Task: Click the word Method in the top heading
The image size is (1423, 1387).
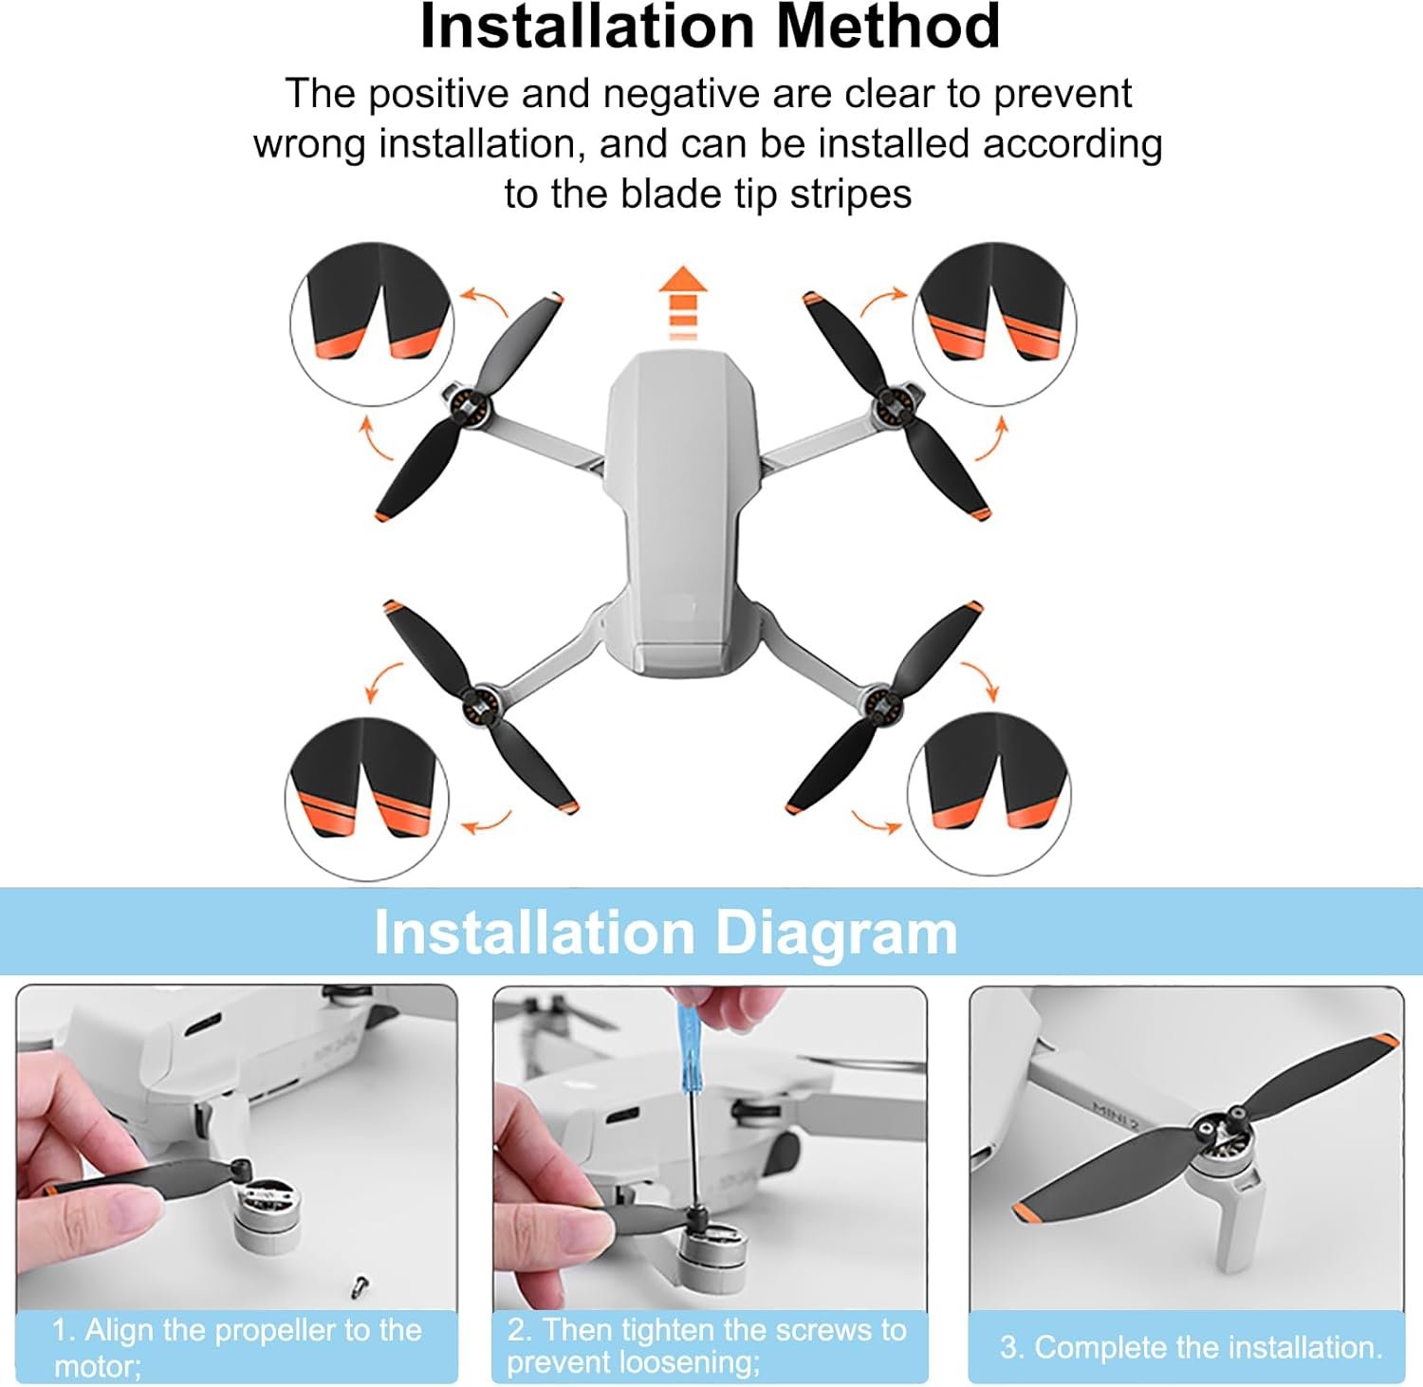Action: (888, 26)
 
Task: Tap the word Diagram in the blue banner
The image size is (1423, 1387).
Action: (836, 933)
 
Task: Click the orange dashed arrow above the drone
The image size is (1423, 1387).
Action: (683, 303)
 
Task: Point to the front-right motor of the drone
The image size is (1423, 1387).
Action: (893, 406)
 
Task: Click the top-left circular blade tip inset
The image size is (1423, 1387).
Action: (372, 324)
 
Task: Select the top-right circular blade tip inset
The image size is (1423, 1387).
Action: (994, 324)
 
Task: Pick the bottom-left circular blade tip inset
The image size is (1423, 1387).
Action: (367, 799)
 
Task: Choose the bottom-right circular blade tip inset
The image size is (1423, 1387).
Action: (989, 793)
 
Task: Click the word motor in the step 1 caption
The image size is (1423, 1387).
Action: (98, 1366)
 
